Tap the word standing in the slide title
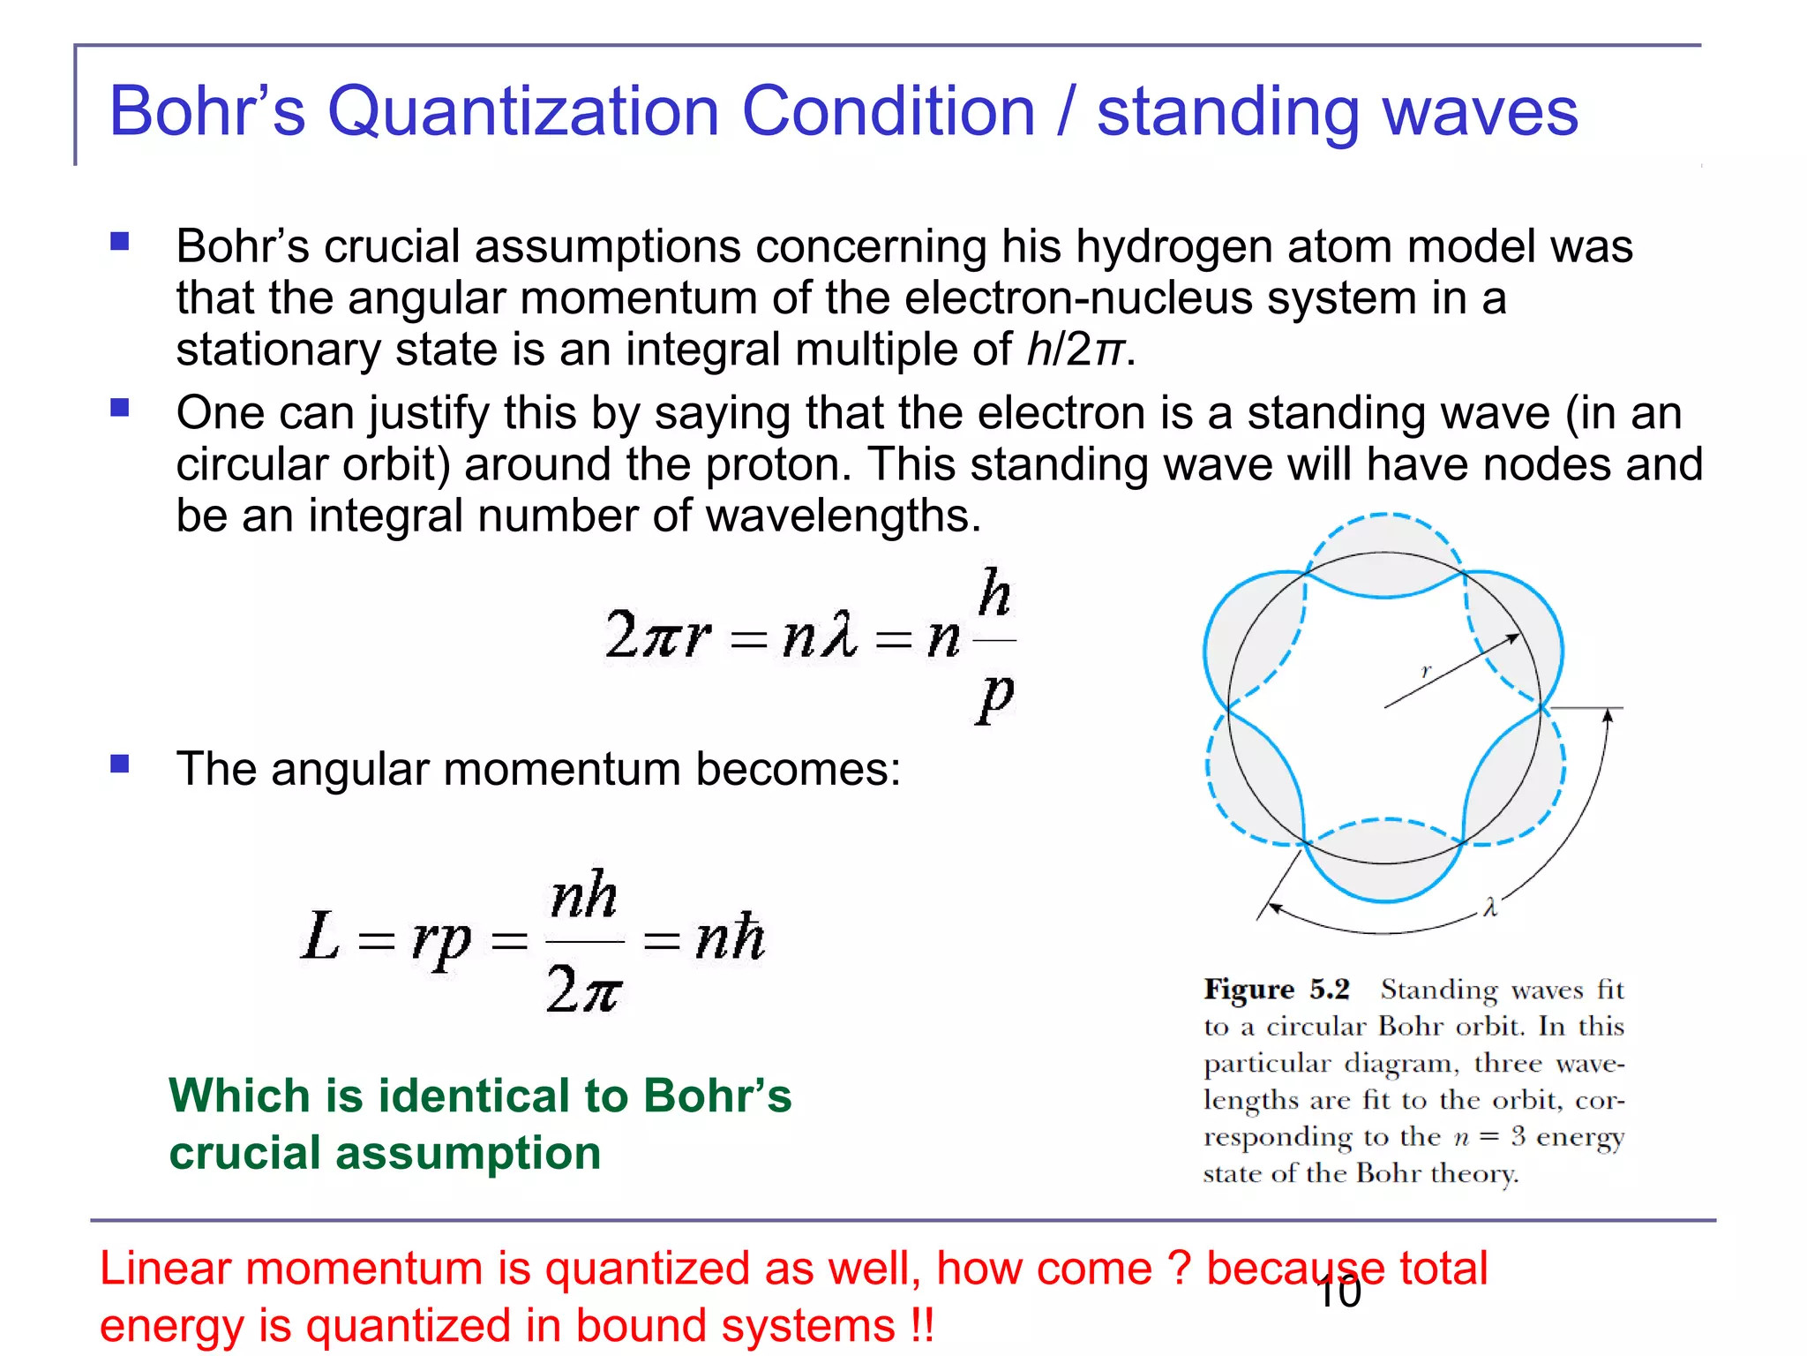[x=1227, y=112]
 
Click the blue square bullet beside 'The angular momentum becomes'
[x=120, y=764]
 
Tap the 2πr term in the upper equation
[x=657, y=635]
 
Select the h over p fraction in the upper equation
[x=995, y=644]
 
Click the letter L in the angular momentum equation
[x=319, y=938]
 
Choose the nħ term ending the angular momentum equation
[x=729, y=938]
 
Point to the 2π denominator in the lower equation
[x=583, y=989]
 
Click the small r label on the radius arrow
[x=1426, y=671]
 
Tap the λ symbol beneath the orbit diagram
[x=1490, y=907]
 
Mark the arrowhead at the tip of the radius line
[x=1514, y=637]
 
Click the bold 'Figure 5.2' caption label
[x=1277, y=989]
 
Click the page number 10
[x=1338, y=1293]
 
